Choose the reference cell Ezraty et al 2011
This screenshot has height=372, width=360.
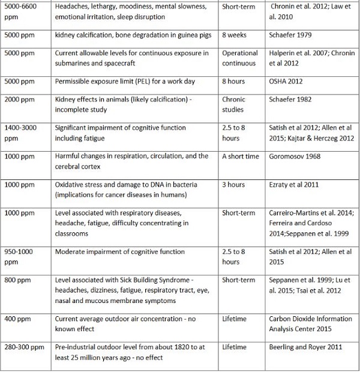(293, 185)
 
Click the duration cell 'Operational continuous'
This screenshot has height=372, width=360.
(239, 58)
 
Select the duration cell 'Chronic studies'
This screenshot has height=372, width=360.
(233, 104)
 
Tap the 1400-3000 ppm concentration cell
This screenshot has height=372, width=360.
(24, 133)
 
